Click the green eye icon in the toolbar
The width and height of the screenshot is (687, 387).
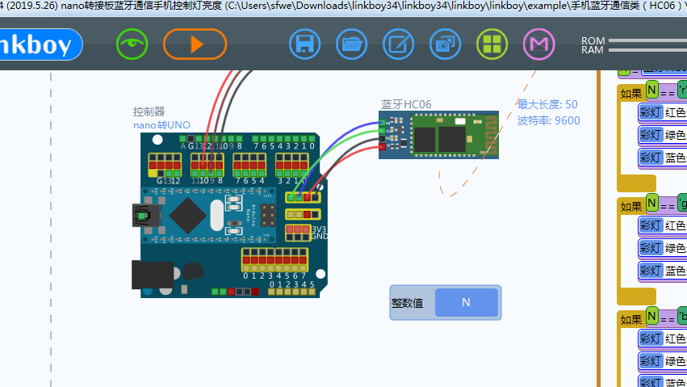tap(132, 44)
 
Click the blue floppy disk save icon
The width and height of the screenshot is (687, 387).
tap(305, 44)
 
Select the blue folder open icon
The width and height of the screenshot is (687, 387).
tap(351, 44)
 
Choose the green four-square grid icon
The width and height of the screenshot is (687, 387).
tap(492, 44)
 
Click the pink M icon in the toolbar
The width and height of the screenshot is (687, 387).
tap(539, 44)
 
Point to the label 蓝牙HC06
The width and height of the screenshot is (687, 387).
tap(406, 104)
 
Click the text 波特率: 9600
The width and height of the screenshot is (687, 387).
tap(548, 120)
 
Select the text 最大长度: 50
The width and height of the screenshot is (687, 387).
tap(547, 104)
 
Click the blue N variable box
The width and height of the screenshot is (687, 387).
tap(466, 302)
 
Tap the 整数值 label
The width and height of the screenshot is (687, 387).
tap(408, 303)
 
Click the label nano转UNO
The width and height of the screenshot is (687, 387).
tap(161, 125)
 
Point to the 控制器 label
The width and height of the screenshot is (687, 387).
tap(149, 111)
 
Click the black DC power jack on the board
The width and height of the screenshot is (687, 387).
tap(152, 276)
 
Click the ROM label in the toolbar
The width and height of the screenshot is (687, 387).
tap(593, 40)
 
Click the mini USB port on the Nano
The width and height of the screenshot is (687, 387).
tap(141, 216)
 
